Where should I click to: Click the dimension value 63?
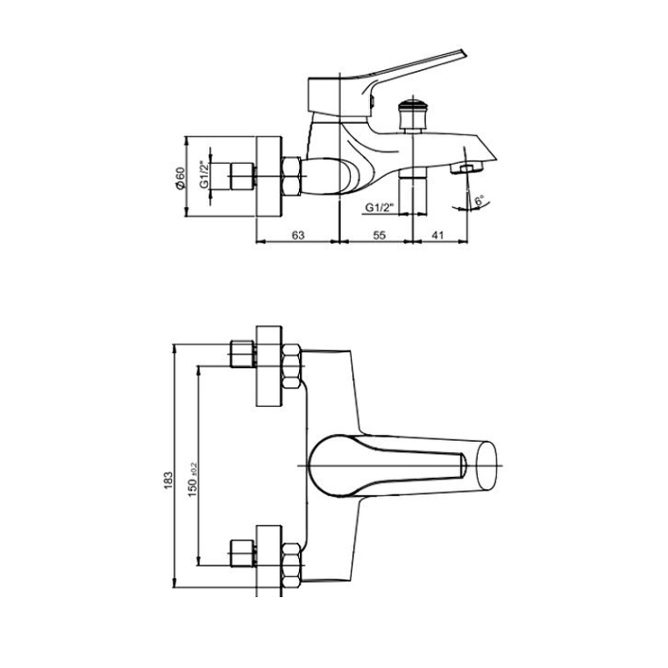[298, 235]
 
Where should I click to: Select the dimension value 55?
[379, 235]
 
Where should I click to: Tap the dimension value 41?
[437, 235]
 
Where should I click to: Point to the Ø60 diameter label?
[181, 178]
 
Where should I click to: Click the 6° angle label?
[480, 200]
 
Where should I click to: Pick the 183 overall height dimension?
[167, 480]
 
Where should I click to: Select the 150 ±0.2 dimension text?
[192, 479]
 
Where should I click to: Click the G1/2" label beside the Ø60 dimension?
[204, 174]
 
